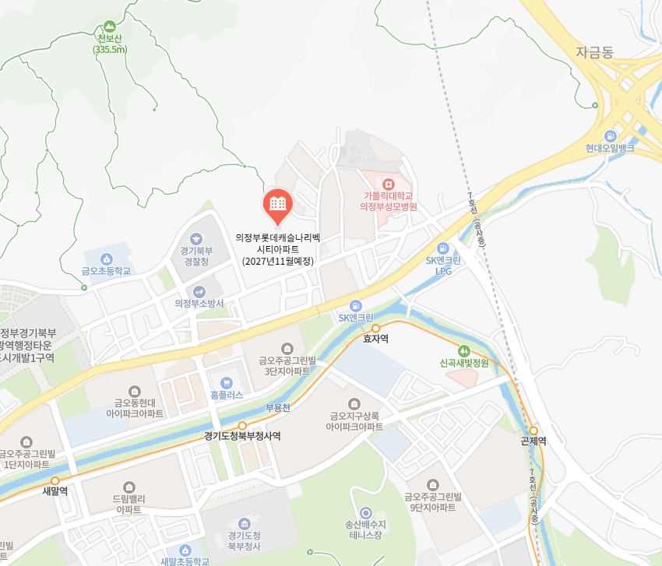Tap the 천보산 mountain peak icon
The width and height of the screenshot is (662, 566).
[x=108, y=26]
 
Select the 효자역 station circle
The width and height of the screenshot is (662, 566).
[x=375, y=328]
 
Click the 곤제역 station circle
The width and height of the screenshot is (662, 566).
[x=533, y=430]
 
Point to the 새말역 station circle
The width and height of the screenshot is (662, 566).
[x=55, y=480]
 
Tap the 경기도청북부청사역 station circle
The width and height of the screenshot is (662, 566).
[x=242, y=425]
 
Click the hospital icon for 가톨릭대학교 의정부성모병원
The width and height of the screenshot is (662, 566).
[x=388, y=184]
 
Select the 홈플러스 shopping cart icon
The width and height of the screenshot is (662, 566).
[x=227, y=382]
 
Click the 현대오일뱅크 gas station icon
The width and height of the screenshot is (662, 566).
[x=611, y=134]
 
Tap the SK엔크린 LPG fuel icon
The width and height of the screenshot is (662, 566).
[x=443, y=248]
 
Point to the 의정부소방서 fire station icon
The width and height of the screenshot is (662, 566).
[x=199, y=291]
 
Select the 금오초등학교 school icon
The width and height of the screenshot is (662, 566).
[x=106, y=258]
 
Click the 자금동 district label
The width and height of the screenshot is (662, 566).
[x=594, y=53]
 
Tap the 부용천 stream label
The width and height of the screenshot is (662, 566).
[x=277, y=407]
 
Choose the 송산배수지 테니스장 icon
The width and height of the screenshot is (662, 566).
[x=364, y=512]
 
